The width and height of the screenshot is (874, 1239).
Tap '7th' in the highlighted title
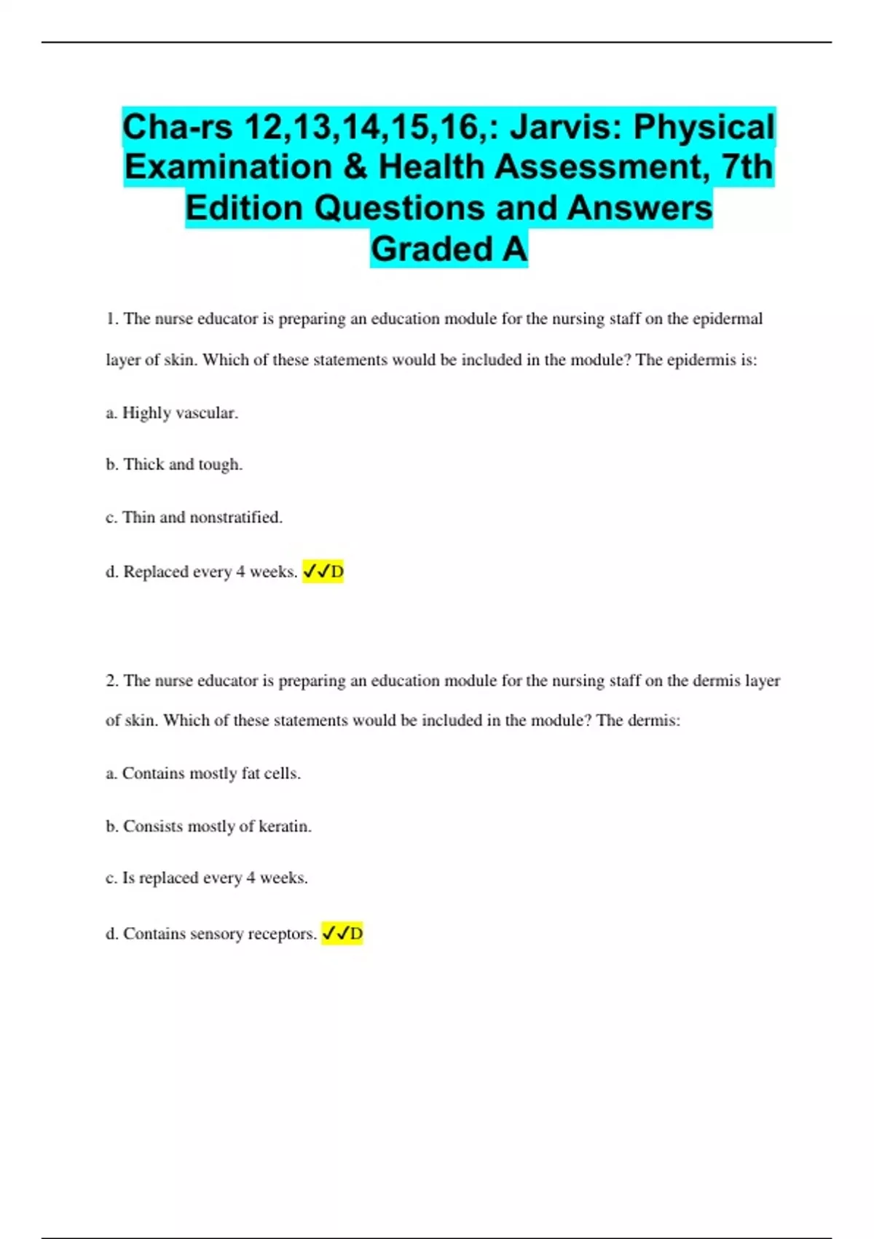click(x=747, y=167)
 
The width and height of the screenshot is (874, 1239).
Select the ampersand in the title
click(x=353, y=167)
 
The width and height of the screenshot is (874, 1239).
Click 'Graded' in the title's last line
click(x=432, y=249)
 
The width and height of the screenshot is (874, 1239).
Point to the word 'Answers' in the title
click(x=639, y=208)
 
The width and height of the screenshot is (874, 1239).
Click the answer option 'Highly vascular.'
click(x=172, y=413)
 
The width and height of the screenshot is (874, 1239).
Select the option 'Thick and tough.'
click(x=174, y=465)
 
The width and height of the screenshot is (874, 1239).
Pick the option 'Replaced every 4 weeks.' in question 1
click(x=202, y=572)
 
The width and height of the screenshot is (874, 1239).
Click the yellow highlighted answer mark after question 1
click(x=323, y=572)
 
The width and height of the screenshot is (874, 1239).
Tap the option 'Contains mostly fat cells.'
click(x=203, y=773)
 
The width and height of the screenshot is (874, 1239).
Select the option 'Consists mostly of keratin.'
click(x=209, y=826)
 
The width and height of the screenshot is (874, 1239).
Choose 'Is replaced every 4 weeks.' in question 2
click(x=207, y=878)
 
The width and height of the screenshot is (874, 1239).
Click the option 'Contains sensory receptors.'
click(x=211, y=934)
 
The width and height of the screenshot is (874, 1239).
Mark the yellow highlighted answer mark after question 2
click(x=342, y=934)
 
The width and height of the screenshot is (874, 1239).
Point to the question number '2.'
click(x=112, y=681)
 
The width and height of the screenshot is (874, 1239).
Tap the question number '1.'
click(x=112, y=319)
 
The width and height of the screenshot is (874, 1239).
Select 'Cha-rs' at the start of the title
click(x=176, y=127)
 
